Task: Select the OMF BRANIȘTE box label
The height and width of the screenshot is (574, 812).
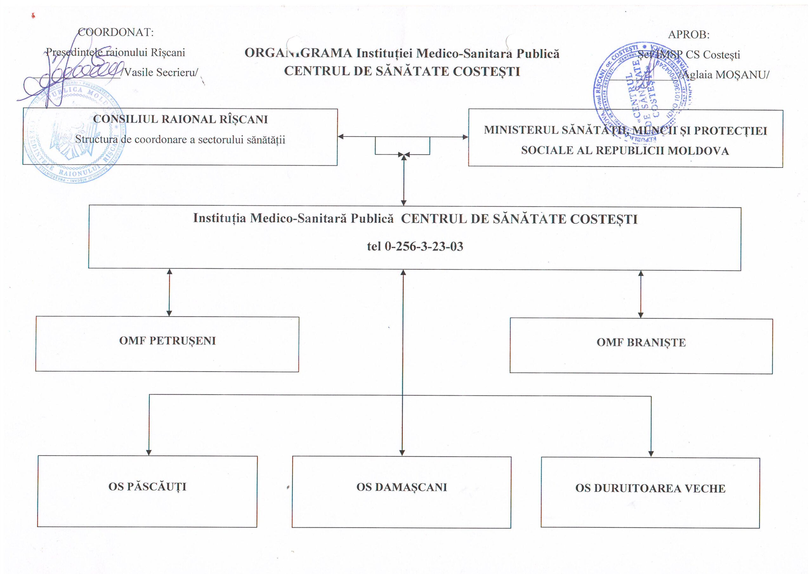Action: point(641,342)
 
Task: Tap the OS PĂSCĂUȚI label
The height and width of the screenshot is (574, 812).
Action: point(147,487)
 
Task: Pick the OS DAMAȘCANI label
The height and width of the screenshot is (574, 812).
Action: point(402,487)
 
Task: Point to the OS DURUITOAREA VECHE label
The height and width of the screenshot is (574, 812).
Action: point(650,488)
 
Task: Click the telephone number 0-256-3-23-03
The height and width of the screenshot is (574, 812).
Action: point(424,246)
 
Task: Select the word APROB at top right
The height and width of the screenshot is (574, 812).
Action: point(688,35)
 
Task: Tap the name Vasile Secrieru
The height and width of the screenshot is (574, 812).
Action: point(160,73)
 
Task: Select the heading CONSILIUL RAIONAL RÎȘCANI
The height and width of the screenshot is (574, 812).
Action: point(180,119)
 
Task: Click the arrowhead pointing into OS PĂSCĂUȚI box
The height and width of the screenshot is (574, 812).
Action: point(149,452)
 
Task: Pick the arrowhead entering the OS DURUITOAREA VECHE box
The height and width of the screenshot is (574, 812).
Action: point(651,454)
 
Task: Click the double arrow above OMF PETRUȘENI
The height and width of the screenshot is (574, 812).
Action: point(169,292)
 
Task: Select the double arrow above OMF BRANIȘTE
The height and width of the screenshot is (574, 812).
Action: point(640,294)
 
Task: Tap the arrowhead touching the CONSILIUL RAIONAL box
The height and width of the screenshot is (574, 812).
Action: point(341,136)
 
